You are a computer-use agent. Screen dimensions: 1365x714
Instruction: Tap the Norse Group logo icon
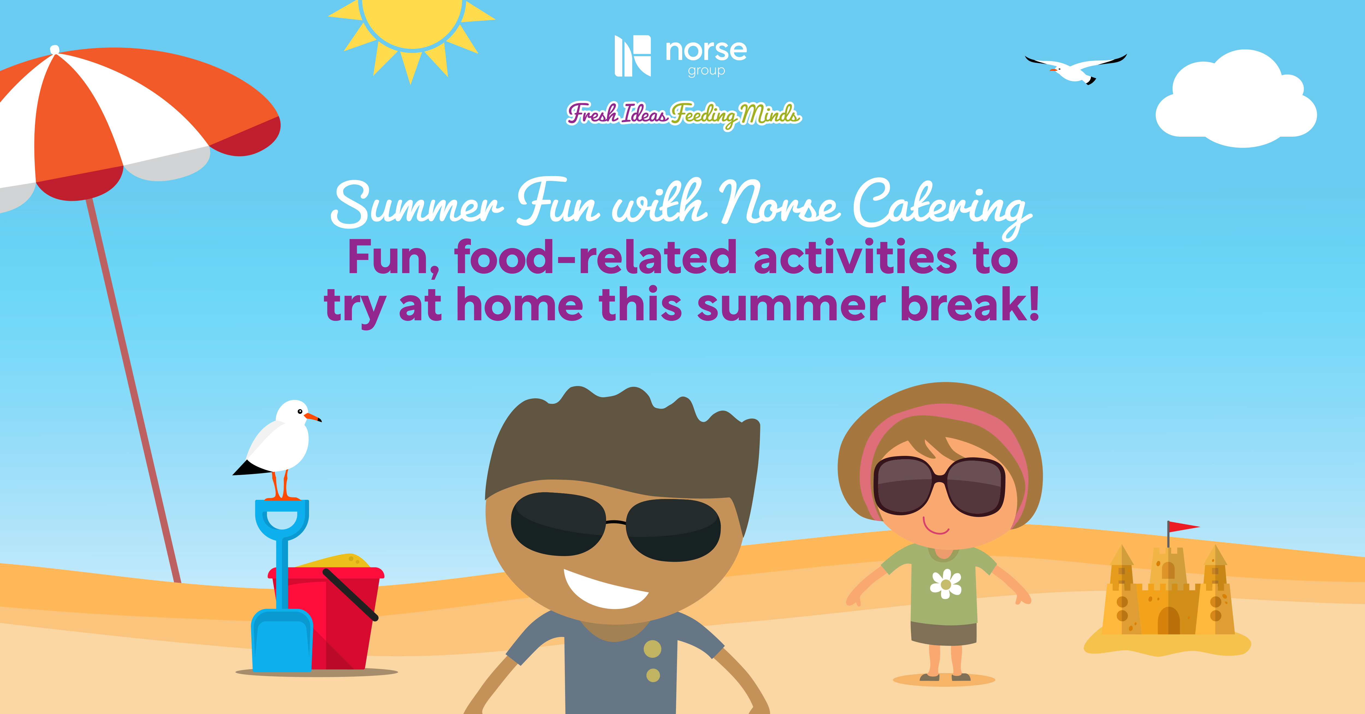[632, 56]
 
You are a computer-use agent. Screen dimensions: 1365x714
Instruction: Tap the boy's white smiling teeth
[604, 590]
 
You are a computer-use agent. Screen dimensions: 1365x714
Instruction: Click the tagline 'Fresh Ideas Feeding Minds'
[684, 114]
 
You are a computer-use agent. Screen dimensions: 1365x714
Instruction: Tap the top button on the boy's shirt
[652, 649]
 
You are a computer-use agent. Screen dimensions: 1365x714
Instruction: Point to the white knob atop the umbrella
[55, 50]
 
